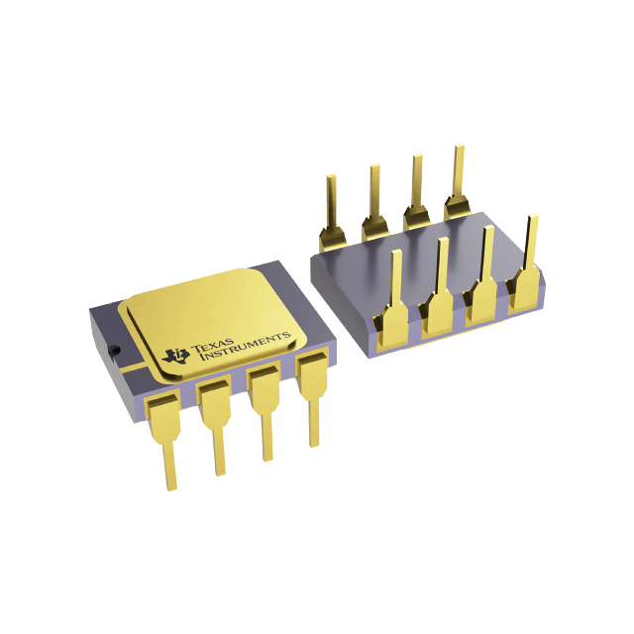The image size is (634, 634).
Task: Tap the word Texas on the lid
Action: [210, 344]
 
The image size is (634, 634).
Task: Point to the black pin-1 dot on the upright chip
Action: [115, 349]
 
